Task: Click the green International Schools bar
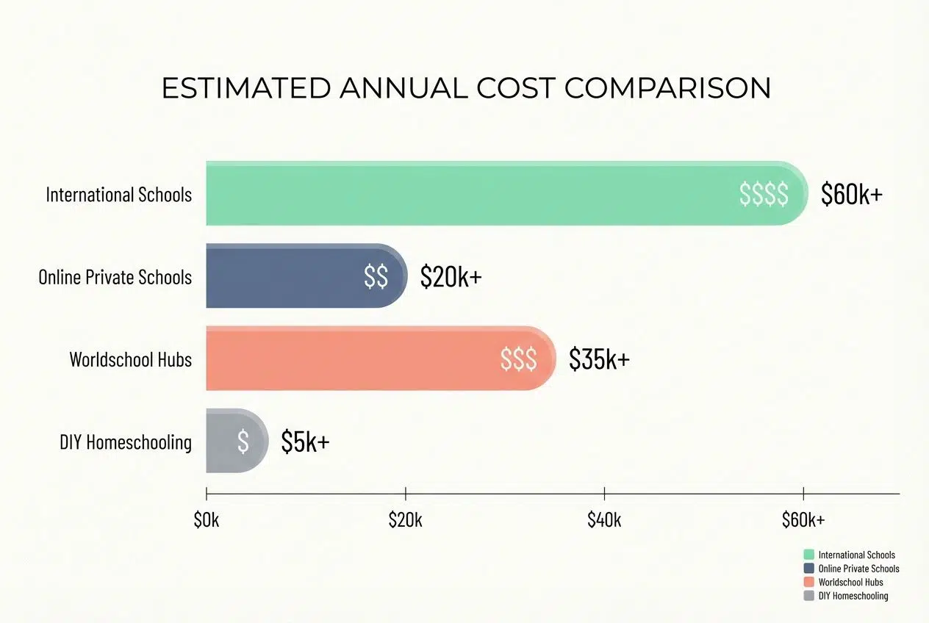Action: pyautogui.click(x=470, y=193)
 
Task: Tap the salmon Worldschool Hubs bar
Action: pyautogui.click(x=353, y=358)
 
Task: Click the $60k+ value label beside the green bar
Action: pyautogui.click(x=852, y=194)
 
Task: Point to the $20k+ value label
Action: pyautogui.click(x=451, y=276)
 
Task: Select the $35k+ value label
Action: pyautogui.click(x=599, y=359)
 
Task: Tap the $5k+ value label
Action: pyautogui.click(x=305, y=441)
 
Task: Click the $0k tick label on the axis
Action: pyautogui.click(x=207, y=520)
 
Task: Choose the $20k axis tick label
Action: pyautogui.click(x=405, y=520)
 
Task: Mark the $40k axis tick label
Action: pyautogui.click(x=604, y=520)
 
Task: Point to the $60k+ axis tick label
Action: pyautogui.click(x=803, y=520)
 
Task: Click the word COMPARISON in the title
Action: pyautogui.click(x=667, y=88)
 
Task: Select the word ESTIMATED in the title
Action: pyautogui.click(x=245, y=88)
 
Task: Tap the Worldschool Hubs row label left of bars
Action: pyautogui.click(x=131, y=359)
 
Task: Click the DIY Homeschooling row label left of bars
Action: pyautogui.click(x=126, y=442)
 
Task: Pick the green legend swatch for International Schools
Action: pyautogui.click(x=809, y=555)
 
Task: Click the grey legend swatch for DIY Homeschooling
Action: pyautogui.click(x=809, y=596)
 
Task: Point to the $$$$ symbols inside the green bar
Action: pyautogui.click(x=764, y=194)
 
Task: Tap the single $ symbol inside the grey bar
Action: pyautogui.click(x=243, y=441)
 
